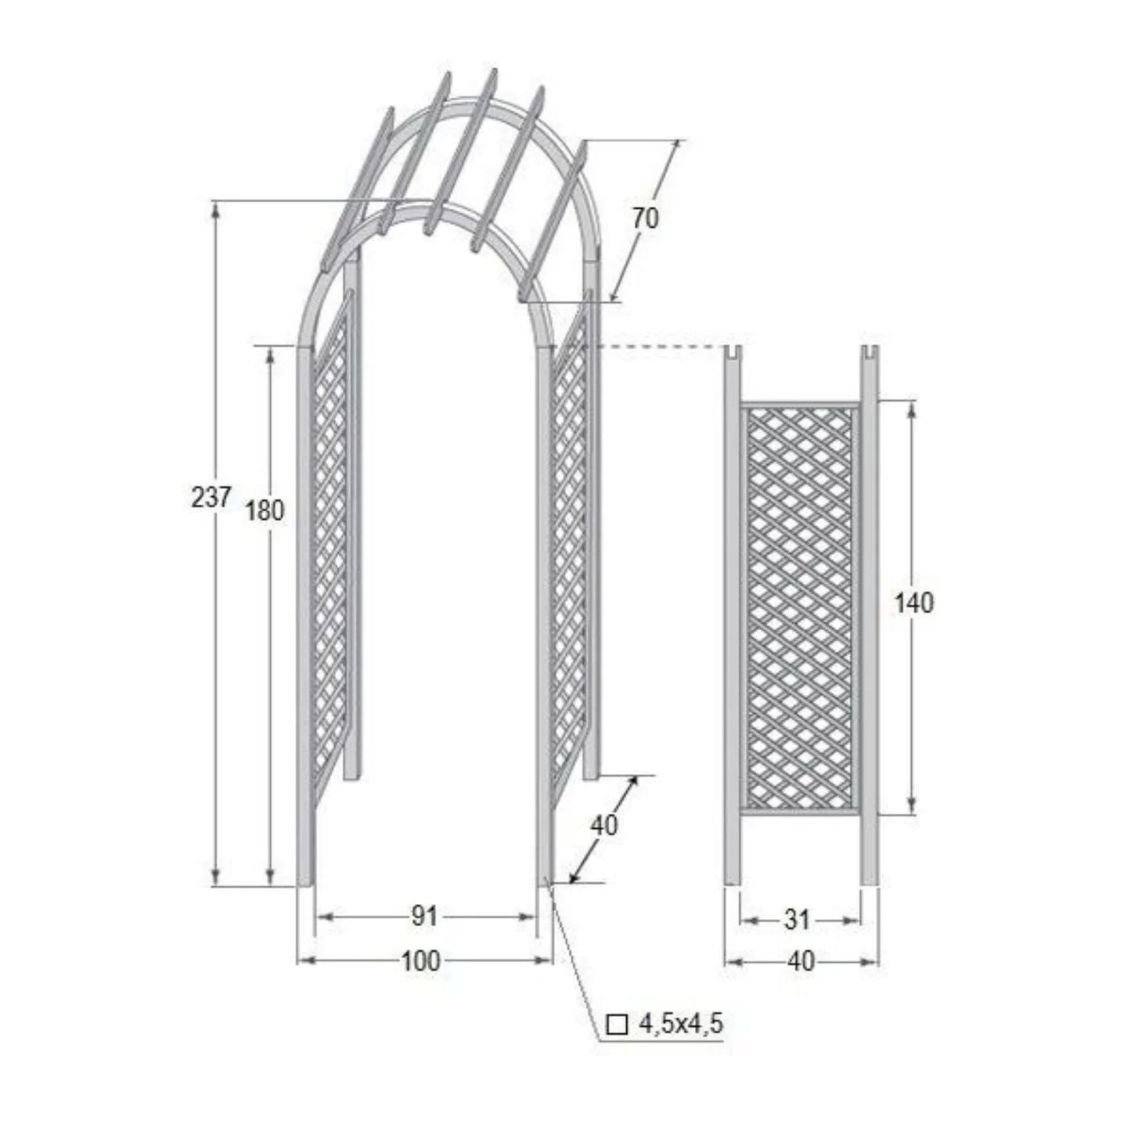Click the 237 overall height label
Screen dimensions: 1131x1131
211,499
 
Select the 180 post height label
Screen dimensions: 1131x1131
265,510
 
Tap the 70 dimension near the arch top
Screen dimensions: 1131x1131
646,218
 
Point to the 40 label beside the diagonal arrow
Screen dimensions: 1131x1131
604,825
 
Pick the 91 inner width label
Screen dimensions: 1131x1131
423,917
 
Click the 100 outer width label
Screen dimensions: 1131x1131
421,961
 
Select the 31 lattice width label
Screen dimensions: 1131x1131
797,920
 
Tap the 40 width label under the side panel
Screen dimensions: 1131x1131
801,961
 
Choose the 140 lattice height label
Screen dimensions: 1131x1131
913,603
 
